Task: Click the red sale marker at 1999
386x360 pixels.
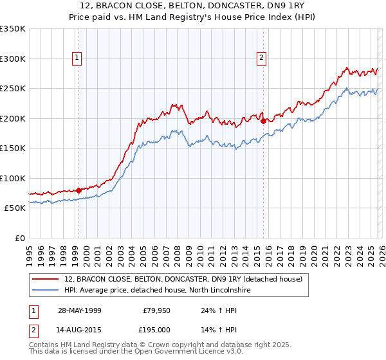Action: click(78, 190)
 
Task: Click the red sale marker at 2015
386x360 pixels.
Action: click(263, 120)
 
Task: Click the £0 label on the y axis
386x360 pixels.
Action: click(19, 238)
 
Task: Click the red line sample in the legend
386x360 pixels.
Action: click(46, 279)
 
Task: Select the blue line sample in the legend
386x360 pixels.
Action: click(46, 291)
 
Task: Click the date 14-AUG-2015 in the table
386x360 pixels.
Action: click(78, 330)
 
